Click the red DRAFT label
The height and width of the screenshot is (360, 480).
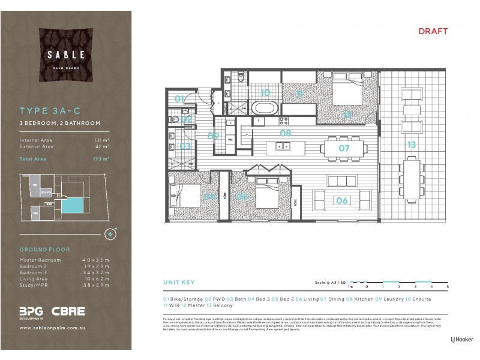[x=433, y=31]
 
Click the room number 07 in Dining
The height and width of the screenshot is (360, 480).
[x=344, y=148]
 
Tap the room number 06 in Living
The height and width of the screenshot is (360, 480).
[x=341, y=201]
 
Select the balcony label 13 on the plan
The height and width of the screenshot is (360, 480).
[x=412, y=145]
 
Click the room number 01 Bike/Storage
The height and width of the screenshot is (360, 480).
[x=179, y=99]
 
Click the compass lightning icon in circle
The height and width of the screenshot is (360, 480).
[x=110, y=233]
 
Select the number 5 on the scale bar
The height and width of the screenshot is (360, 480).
[x=447, y=288]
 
